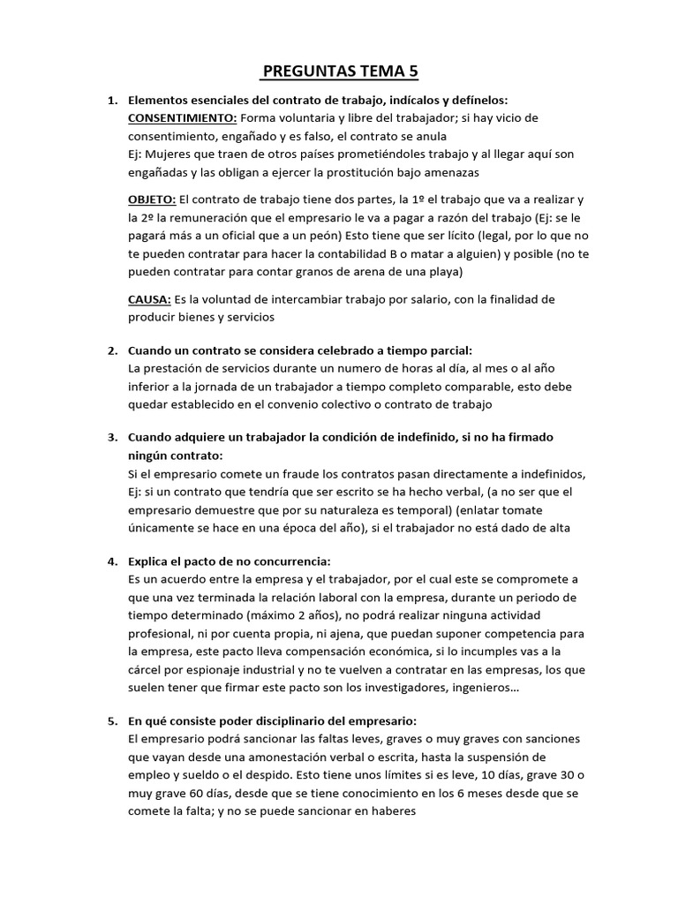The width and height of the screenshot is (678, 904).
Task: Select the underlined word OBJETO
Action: click(x=152, y=200)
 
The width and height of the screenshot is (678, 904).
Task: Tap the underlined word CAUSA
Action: click(x=149, y=299)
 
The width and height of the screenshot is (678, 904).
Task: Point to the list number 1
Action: click(x=112, y=101)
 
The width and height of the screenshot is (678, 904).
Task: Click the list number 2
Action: click(x=112, y=350)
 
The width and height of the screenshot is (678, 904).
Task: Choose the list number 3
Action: click(x=112, y=437)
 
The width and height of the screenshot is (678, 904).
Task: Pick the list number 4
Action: click(x=112, y=561)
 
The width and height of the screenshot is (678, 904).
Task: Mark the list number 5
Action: click(x=112, y=720)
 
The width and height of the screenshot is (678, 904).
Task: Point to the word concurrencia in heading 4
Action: click(x=285, y=561)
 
